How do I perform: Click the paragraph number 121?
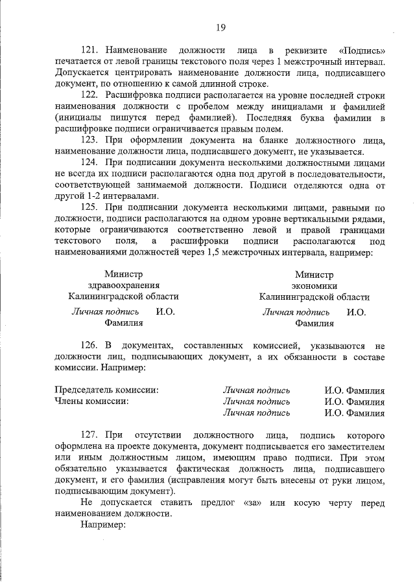point(89,50)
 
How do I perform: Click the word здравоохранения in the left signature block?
point(123,286)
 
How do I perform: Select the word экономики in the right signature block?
point(314,286)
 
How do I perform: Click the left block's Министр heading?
point(123,275)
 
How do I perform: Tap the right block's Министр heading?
point(314,275)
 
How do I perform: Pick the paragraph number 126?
point(89,344)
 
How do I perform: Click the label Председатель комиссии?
point(106,390)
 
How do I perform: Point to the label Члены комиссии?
point(91,401)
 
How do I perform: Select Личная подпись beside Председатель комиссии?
point(256,390)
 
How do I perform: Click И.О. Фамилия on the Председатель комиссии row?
point(355,390)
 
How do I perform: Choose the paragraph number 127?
point(89,436)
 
